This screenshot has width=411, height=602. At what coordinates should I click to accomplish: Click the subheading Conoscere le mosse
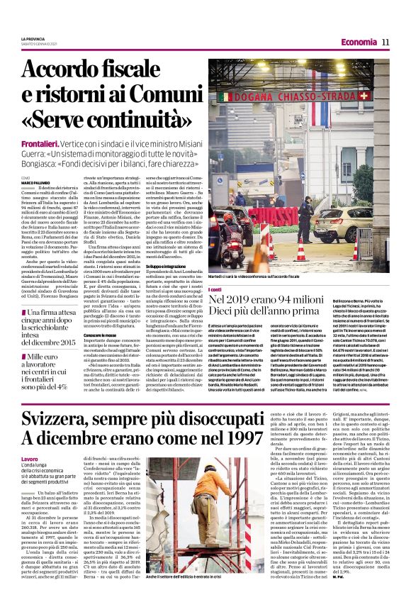pos(100,334)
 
